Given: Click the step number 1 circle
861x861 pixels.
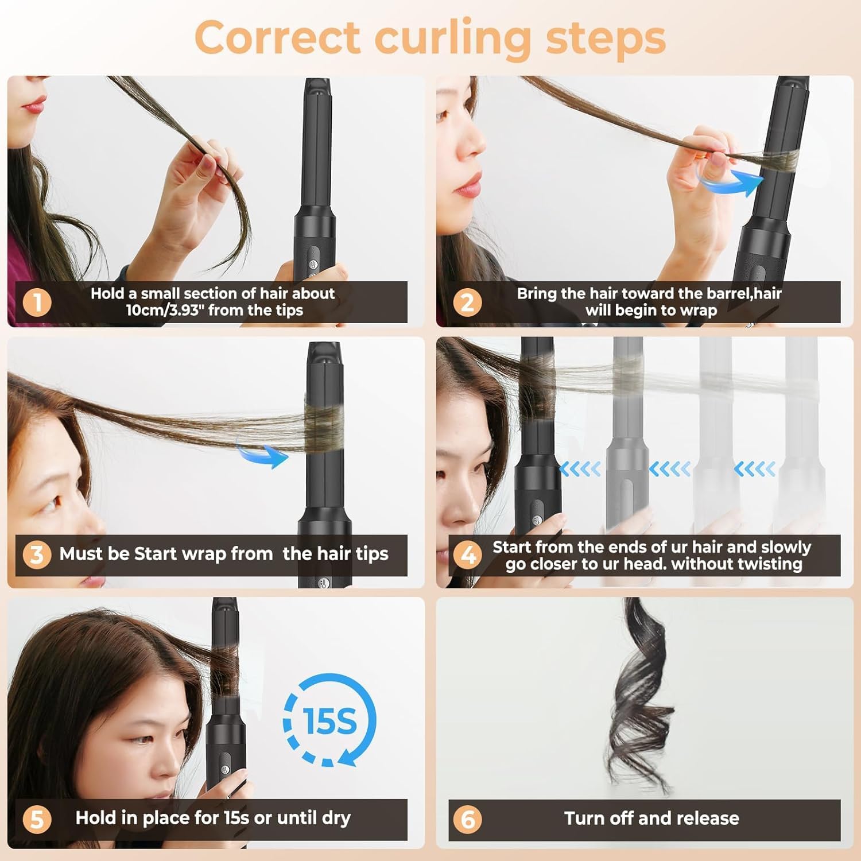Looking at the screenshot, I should click(37, 302).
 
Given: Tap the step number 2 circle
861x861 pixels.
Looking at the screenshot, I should click(467, 302).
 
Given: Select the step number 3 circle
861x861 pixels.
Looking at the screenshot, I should click(37, 554).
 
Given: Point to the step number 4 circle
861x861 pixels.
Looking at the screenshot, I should click(467, 555).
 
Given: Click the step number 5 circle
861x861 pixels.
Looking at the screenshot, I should click(37, 819).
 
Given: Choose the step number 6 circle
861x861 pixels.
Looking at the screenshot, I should click(467, 819).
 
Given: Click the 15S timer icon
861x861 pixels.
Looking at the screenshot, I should click(329, 720).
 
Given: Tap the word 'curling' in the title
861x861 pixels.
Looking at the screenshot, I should click(453, 38).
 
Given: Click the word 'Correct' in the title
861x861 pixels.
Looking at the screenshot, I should click(277, 38).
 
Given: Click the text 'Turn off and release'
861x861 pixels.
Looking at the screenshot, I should click(651, 818).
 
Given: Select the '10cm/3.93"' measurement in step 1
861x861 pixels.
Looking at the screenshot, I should click(165, 311).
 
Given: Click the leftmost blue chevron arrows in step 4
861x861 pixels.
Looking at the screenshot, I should click(580, 469).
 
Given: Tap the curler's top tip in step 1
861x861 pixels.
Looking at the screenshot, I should click(318, 86).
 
